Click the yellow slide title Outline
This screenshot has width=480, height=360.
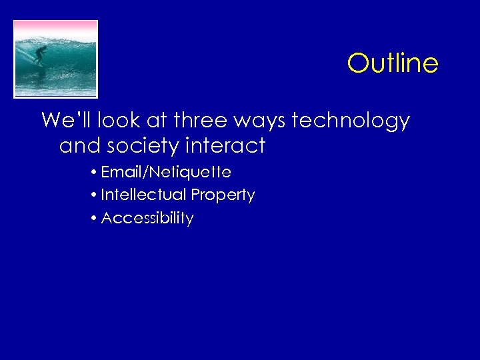pos(393,63)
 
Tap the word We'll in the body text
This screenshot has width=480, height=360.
pos(67,121)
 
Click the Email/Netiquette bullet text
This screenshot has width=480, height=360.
pos(166,172)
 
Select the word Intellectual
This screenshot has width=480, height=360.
pos(143,195)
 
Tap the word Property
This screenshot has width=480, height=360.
pos(223,195)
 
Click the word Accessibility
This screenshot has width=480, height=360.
pos(147,218)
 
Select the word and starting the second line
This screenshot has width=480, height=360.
pos(76,145)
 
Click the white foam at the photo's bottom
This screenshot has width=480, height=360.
pos(56,90)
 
